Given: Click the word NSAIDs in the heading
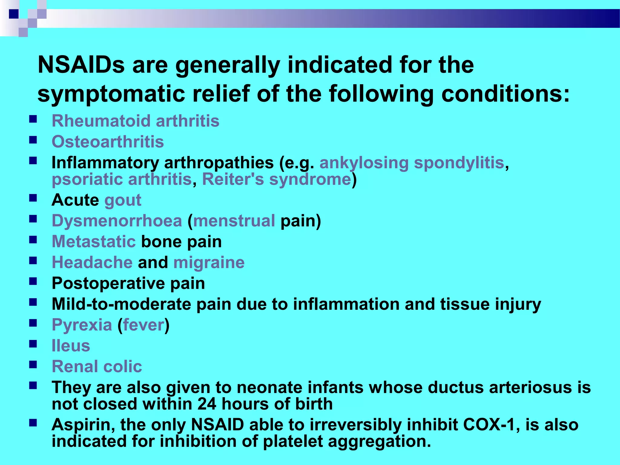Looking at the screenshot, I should click(x=81, y=65).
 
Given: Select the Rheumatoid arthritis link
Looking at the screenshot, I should click(x=135, y=121).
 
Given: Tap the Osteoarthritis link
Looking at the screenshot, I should click(x=108, y=142).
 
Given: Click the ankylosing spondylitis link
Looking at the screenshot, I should click(x=412, y=163).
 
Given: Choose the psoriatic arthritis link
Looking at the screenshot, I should click(x=122, y=179).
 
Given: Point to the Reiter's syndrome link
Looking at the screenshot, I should click(x=276, y=179).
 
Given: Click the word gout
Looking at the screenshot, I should click(x=123, y=200).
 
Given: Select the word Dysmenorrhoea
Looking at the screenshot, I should click(x=117, y=221).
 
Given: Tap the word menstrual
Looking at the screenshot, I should click(x=234, y=221).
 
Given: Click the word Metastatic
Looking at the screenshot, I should click(x=94, y=242).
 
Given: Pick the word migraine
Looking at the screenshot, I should click(x=209, y=262).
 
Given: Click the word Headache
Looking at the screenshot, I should click(x=92, y=262).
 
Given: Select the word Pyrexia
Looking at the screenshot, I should click(x=82, y=325).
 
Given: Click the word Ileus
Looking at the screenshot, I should click(x=71, y=346).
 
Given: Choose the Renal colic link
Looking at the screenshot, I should click(x=97, y=367).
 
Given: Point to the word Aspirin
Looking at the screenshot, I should click(x=83, y=425).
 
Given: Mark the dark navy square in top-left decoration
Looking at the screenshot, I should click(x=14, y=14).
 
